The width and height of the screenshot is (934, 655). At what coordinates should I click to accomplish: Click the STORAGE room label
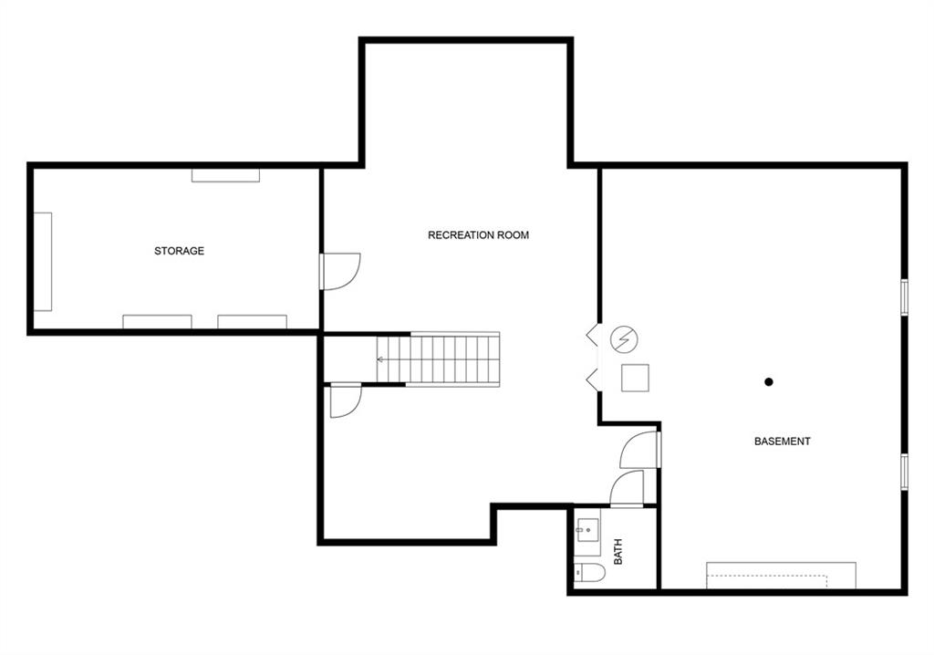179,251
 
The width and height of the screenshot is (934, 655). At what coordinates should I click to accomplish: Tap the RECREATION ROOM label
478,234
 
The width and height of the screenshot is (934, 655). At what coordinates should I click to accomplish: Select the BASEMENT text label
782,441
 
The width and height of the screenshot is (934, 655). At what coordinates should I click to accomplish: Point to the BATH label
617,552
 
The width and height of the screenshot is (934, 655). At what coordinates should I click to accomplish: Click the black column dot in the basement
768,382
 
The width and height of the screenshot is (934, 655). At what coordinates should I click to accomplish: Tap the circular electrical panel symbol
624,339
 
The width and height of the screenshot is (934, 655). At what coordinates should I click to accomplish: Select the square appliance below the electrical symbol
635,378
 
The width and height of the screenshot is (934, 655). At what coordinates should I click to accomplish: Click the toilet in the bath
590,573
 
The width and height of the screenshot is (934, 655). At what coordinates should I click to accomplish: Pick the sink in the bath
587,529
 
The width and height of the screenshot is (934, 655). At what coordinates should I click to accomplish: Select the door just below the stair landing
346,400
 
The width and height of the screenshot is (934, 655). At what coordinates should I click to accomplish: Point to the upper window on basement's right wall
904,296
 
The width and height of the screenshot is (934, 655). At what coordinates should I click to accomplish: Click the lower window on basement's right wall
904,472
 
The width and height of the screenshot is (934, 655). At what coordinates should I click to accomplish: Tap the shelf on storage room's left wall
42,262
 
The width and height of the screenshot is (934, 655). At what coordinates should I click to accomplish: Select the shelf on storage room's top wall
226,175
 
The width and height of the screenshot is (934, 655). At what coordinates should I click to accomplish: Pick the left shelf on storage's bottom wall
157,322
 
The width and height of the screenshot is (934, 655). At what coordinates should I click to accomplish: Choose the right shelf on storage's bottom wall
252,322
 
